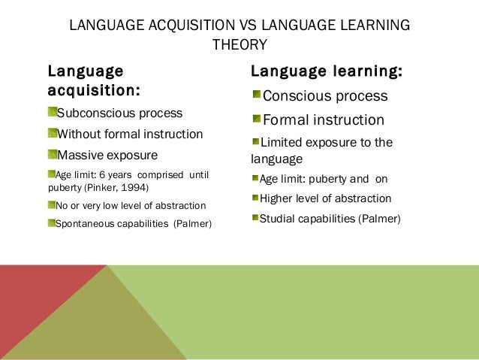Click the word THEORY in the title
pos(239,45)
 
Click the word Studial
pos(279,219)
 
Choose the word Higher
pos(276,198)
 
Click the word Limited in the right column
pos(282,143)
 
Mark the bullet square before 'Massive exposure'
pos(52,155)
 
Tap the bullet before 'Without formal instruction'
pos(52,134)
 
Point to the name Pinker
pos(101,186)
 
